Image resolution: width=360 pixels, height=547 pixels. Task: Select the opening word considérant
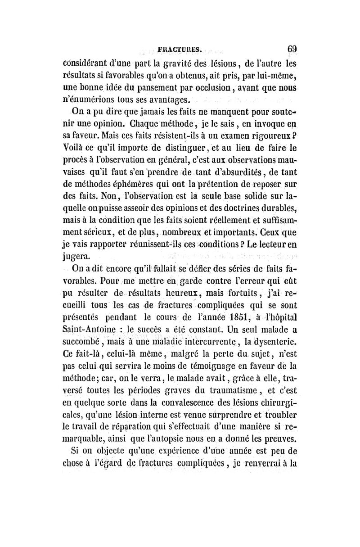coord(86,63)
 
